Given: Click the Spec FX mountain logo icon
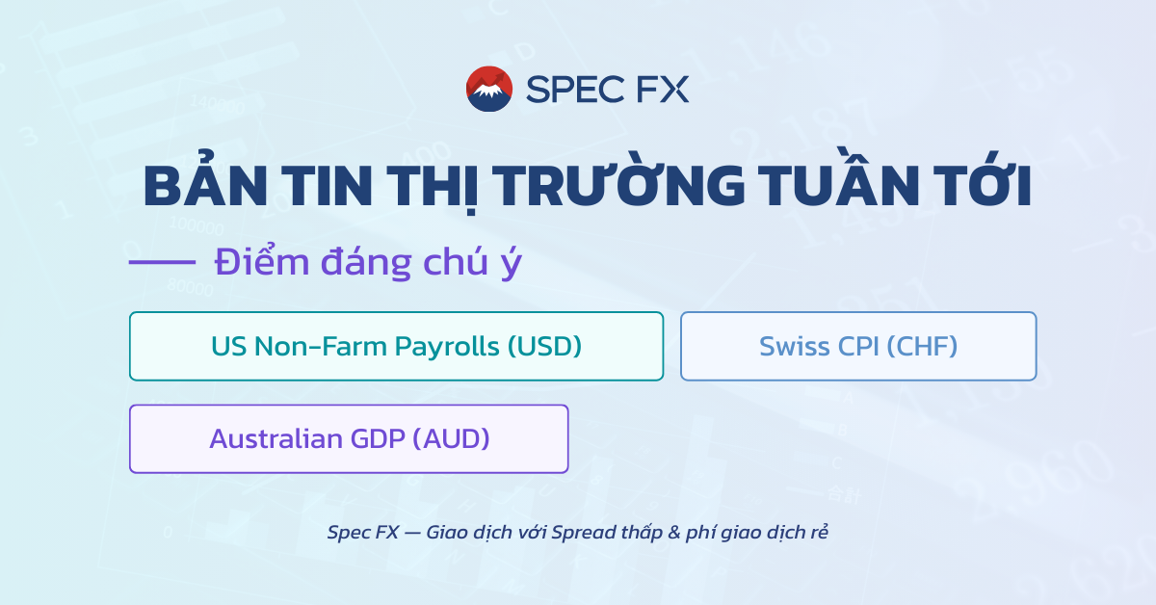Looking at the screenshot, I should click(x=489, y=89).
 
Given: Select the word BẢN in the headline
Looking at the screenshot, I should click(x=200, y=187).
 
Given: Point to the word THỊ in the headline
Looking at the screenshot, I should click(x=432, y=187).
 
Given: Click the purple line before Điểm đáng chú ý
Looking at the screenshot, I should click(x=162, y=262).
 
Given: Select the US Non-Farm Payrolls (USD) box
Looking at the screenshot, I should click(x=396, y=346).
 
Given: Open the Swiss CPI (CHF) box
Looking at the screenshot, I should click(x=858, y=346).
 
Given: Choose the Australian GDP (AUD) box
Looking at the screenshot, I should click(x=349, y=438).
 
